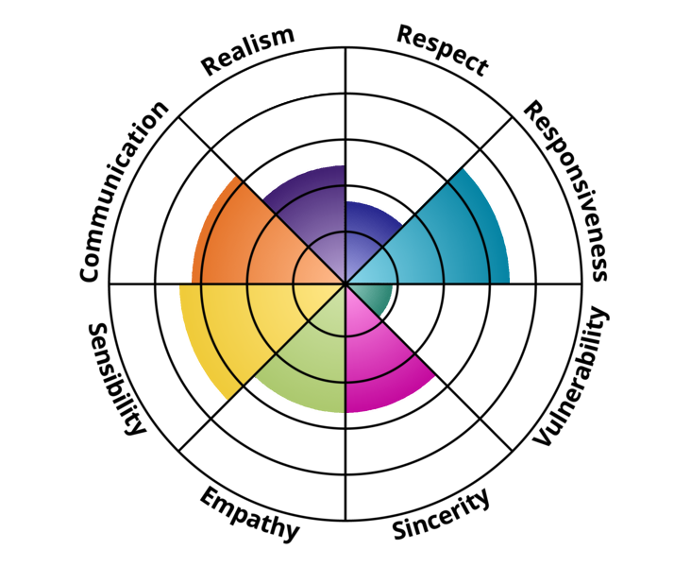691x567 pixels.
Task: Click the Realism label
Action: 248,51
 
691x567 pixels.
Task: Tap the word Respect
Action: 443,50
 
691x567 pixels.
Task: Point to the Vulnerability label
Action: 572,375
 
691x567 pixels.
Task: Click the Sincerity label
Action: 442,514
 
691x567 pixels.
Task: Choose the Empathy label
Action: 250,514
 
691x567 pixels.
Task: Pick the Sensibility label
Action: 116,379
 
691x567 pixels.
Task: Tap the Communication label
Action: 124,191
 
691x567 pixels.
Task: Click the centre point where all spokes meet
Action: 345,283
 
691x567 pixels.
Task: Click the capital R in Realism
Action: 211,65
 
